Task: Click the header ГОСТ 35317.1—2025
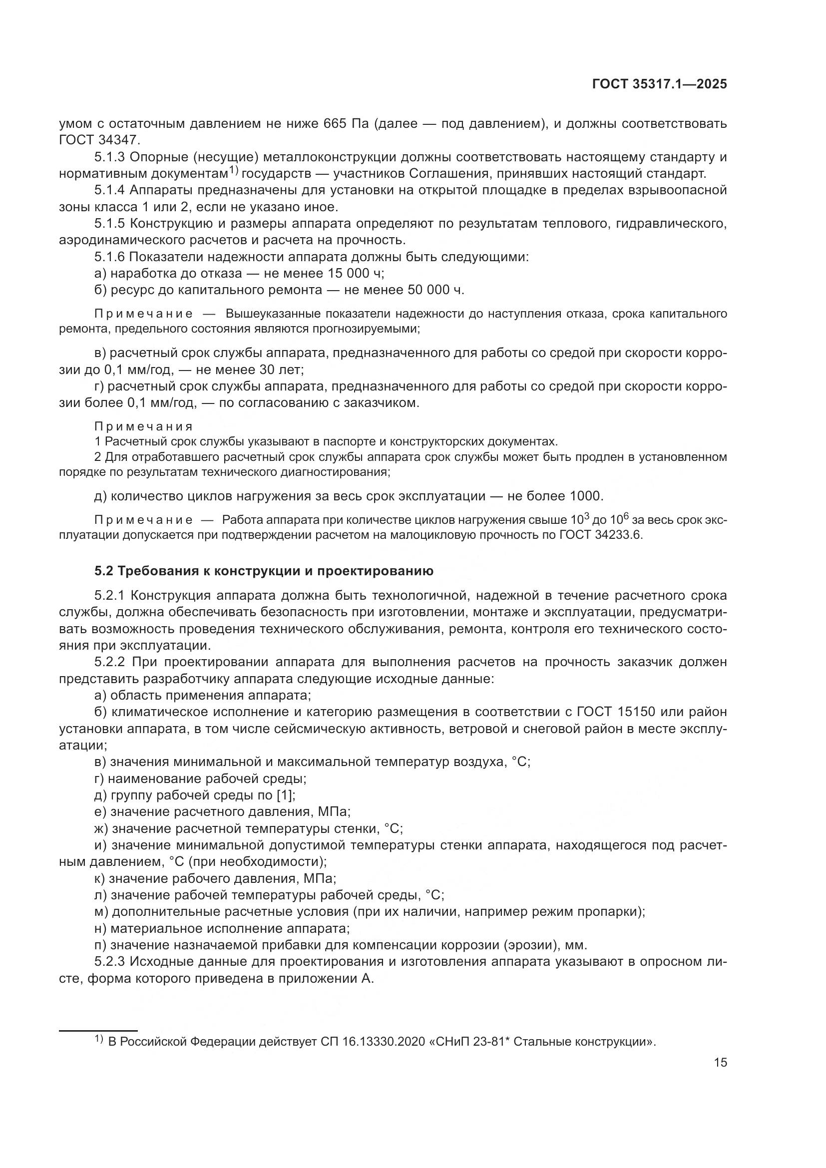[x=659, y=84]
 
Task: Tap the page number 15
[x=720, y=1062]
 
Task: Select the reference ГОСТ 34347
[x=99, y=140]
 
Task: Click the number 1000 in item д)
[x=585, y=495]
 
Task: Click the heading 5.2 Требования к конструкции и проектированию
[x=264, y=571]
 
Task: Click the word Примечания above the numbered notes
[x=144, y=426]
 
